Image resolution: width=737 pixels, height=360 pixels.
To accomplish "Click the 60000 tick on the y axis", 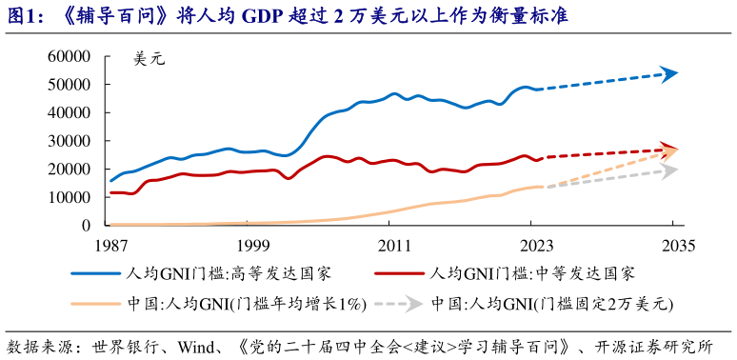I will point(71,56).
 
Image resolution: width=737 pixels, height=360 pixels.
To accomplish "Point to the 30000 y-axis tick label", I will point(71,141).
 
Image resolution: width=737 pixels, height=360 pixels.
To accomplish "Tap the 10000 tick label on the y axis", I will point(71,197).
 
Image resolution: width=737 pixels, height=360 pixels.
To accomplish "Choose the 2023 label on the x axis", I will point(533,244).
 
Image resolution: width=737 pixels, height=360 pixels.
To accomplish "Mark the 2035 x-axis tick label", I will point(673,244).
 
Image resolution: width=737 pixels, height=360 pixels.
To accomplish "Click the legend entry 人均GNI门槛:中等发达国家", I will point(533,273).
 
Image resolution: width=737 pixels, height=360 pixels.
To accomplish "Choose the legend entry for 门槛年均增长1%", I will point(247,305).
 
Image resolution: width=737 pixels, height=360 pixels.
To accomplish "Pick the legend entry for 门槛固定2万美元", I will point(552,305).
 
